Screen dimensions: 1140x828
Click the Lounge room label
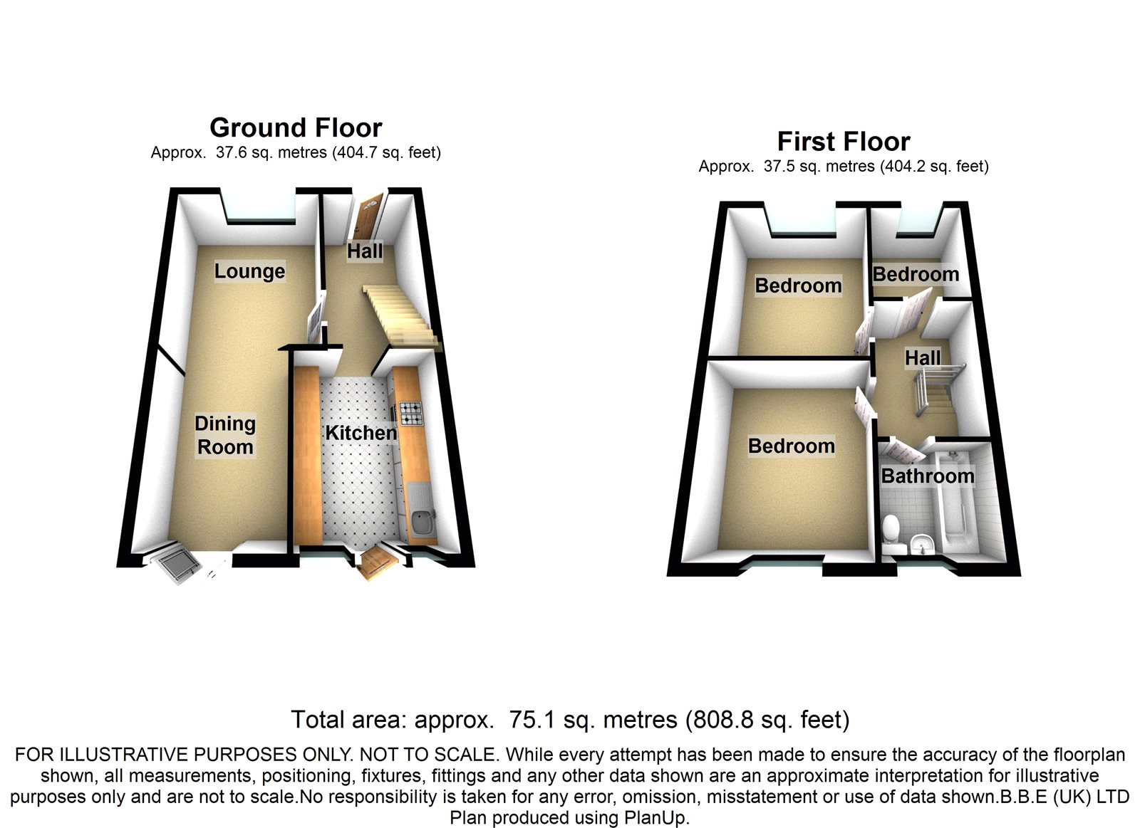tap(249, 271)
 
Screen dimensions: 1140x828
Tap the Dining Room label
tap(225, 435)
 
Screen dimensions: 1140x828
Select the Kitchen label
tap(361, 433)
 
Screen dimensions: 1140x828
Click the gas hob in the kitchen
tap(410, 414)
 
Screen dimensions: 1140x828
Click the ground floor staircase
tap(400, 316)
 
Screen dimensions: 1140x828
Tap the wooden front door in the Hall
tap(369, 219)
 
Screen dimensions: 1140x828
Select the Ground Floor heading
tap(296, 127)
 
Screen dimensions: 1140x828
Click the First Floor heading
tap(844, 142)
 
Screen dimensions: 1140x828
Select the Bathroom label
tap(928, 476)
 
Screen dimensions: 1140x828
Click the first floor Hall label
tap(923, 357)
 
